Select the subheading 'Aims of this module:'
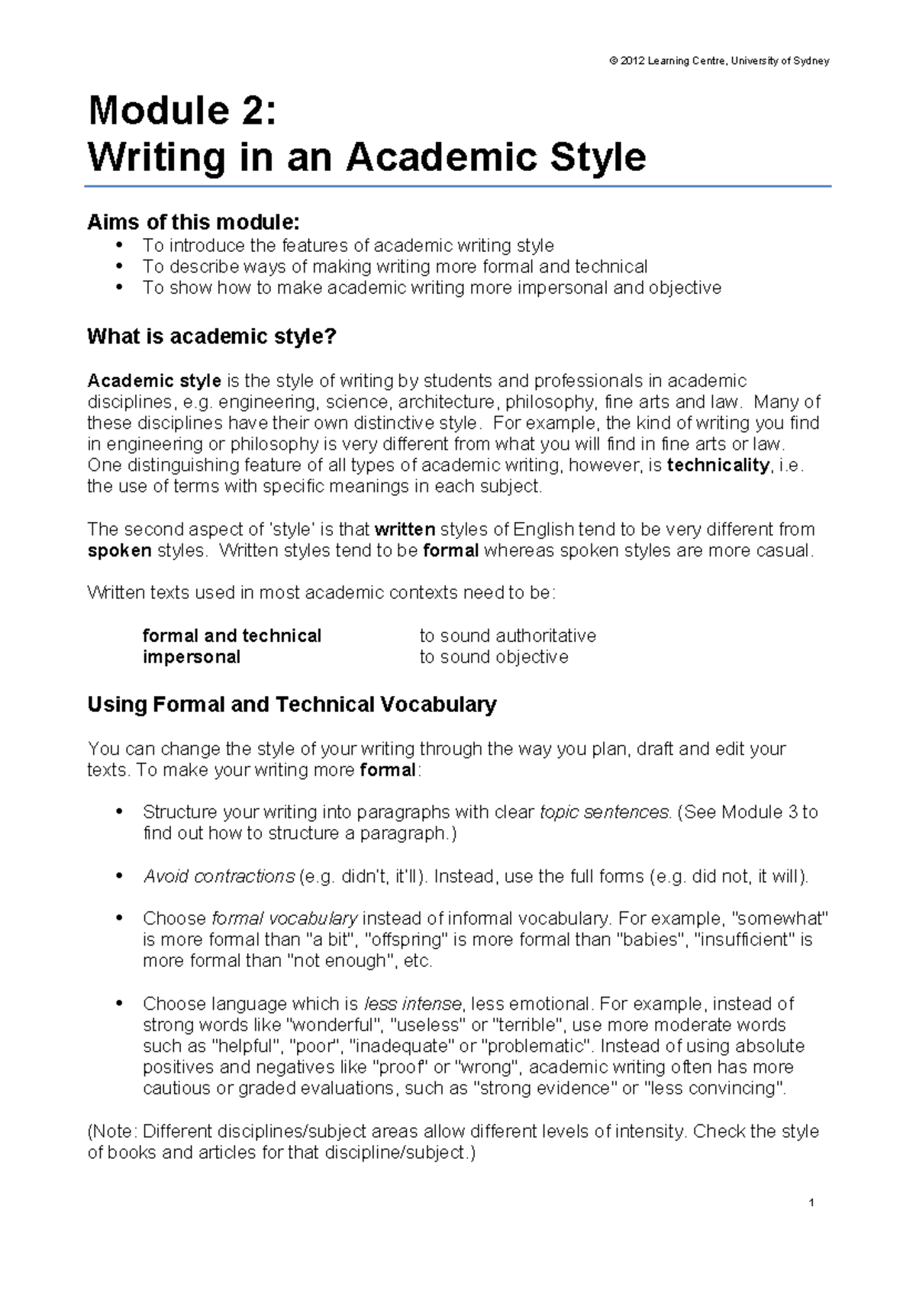click(x=193, y=222)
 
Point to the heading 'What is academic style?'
click(x=211, y=337)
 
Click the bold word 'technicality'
click(x=718, y=466)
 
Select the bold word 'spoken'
click(x=119, y=551)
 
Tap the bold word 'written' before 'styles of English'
click(x=405, y=530)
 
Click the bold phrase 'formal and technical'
click(x=232, y=636)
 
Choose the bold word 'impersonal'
click(x=192, y=657)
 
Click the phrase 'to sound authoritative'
click(x=508, y=636)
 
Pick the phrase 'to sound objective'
click(x=494, y=657)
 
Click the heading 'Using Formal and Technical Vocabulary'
click(x=292, y=704)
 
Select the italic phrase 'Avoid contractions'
click(x=218, y=876)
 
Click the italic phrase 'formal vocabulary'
click(x=284, y=918)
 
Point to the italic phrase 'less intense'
click(x=413, y=1004)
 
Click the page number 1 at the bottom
click(x=811, y=1204)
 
